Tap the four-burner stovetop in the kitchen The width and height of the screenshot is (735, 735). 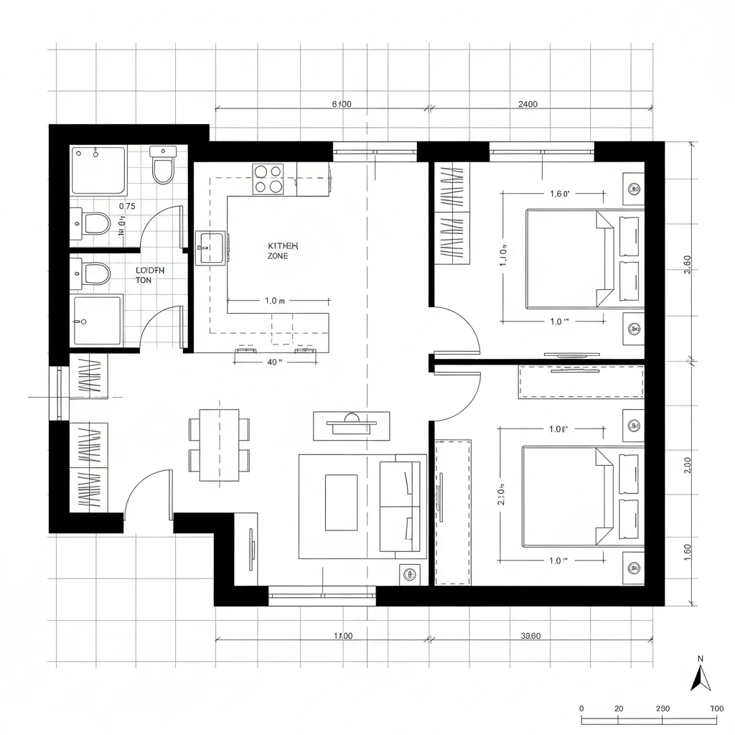coord(268,179)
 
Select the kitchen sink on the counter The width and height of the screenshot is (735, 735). coord(210,247)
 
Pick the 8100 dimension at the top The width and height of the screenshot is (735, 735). coord(342,104)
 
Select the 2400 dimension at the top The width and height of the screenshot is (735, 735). coord(528,104)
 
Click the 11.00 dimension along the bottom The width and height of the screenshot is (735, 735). coord(343,636)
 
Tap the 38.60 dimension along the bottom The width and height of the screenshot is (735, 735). coord(530,636)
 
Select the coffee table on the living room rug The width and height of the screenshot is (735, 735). coord(341,502)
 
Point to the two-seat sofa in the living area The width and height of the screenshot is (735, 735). coord(401,506)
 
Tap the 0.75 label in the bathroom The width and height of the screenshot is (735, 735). coord(126,206)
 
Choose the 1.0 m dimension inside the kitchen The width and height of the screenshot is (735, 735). coord(275,301)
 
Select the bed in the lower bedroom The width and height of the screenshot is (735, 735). coord(568,496)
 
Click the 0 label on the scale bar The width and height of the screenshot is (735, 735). coord(581,708)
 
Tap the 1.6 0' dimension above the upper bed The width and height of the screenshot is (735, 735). coord(559,193)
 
